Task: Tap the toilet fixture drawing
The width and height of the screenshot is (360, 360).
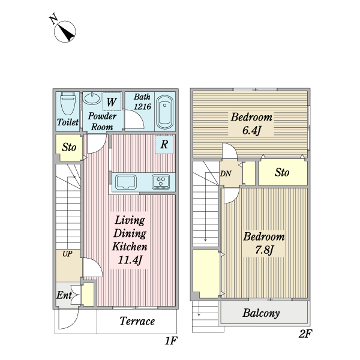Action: tap(67, 103)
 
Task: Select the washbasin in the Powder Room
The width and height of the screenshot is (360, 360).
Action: tap(92, 98)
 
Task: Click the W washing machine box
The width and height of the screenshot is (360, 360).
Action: tap(112, 102)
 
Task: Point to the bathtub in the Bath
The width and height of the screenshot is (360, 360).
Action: tap(164, 112)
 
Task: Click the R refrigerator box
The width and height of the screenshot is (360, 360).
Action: tap(164, 145)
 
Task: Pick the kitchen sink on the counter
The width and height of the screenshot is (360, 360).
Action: tap(126, 182)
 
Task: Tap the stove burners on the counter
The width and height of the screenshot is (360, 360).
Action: tap(161, 182)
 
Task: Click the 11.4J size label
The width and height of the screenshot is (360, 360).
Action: tap(130, 260)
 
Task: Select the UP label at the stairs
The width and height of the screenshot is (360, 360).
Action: tap(67, 254)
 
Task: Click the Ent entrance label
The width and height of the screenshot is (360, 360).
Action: tap(64, 295)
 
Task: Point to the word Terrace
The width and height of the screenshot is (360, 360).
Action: tap(137, 321)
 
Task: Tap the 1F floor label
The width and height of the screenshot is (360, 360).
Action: tap(171, 341)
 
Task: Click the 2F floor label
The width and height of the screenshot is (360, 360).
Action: tap(305, 334)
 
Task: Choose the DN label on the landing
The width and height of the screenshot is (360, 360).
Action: tap(226, 174)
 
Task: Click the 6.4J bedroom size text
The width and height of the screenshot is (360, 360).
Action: tap(251, 130)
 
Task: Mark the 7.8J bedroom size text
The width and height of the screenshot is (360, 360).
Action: tap(264, 250)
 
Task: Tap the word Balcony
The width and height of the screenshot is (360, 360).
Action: tap(261, 313)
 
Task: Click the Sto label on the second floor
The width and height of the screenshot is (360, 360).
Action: tap(282, 172)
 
